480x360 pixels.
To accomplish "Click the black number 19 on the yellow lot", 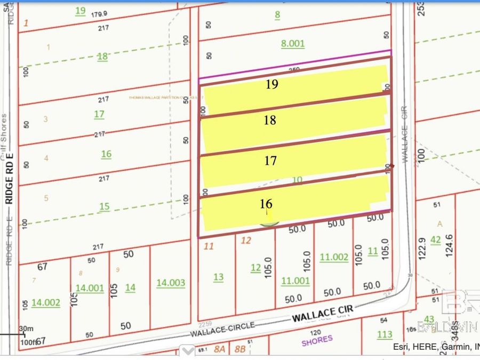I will [272, 84].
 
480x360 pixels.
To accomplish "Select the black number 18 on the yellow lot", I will [270, 120].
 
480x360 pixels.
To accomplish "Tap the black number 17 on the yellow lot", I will [270, 160].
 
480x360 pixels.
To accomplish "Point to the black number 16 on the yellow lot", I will [266, 204].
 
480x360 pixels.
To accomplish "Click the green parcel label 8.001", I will [293, 44].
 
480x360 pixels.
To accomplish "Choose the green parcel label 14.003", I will [171, 282].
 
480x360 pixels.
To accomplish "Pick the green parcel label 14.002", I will [46, 302].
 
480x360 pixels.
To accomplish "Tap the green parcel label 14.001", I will [90, 288].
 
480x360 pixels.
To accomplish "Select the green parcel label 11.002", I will [334, 257].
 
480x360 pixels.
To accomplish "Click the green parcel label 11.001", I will [295, 281].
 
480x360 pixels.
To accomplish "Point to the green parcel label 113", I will [385, 334].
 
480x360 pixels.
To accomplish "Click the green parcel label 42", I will [436, 240].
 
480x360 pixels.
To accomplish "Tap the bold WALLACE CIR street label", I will [322, 314].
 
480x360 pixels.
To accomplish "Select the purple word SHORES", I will [317, 339].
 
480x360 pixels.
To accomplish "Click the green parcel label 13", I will [218, 277].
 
